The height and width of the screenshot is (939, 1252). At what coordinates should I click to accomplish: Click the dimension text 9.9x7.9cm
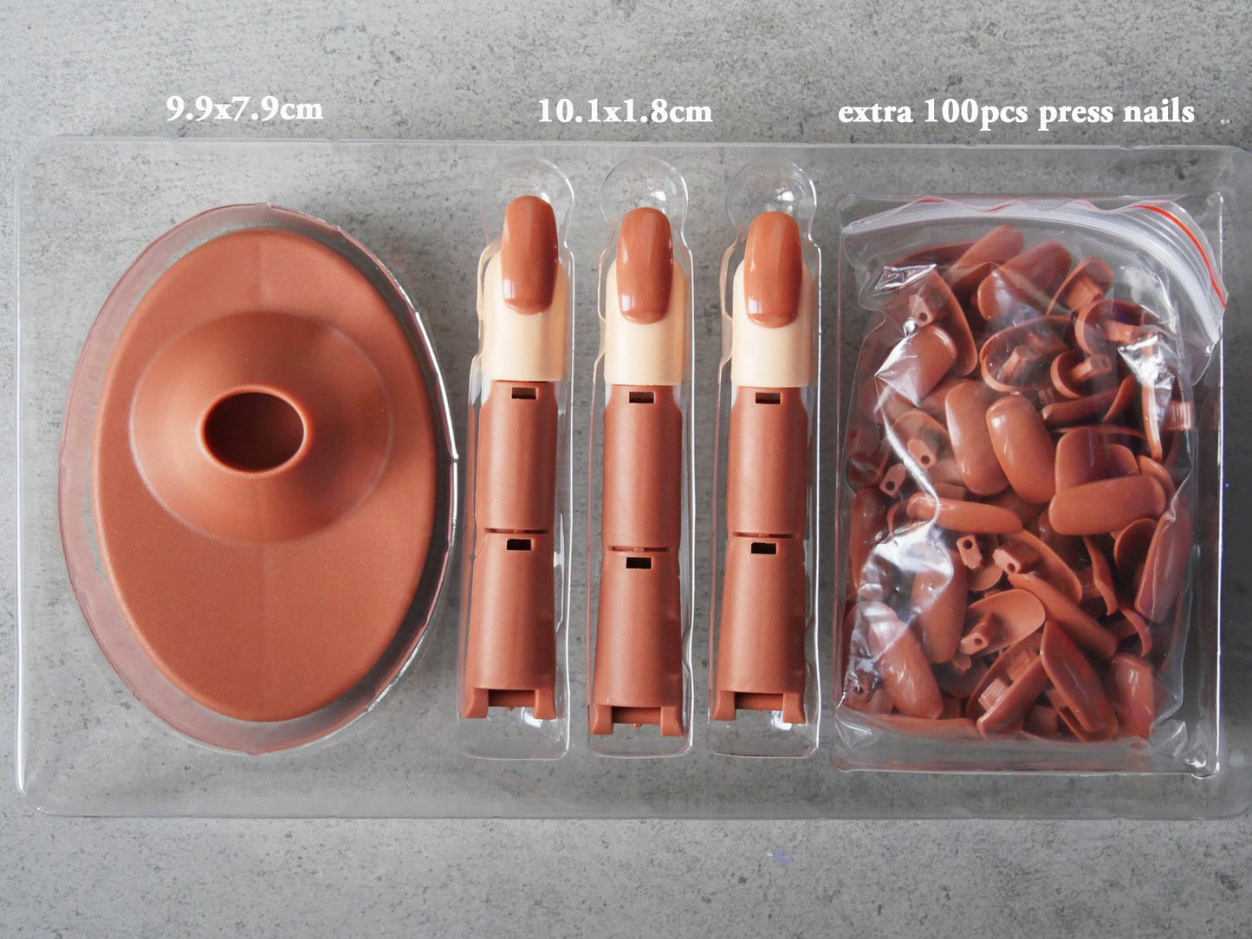(x=244, y=108)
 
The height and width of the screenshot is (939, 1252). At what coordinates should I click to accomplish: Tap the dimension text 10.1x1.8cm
(x=625, y=111)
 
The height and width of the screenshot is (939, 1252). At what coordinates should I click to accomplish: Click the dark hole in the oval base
(x=255, y=431)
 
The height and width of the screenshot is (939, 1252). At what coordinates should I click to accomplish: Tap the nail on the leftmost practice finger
(x=529, y=254)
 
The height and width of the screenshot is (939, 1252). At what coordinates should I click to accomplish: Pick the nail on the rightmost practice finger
(x=774, y=269)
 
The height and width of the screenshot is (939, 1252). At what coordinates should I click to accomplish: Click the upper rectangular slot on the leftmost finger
(x=524, y=392)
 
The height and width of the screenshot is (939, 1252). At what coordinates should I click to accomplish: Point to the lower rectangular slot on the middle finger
(x=639, y=563)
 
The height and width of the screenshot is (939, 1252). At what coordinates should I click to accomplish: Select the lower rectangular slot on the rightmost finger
(x=763, y=548)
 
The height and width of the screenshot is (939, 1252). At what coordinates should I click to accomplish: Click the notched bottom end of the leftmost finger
(x=509, y=704)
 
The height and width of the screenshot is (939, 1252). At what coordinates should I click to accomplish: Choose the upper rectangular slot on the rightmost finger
(x=768, y=398)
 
